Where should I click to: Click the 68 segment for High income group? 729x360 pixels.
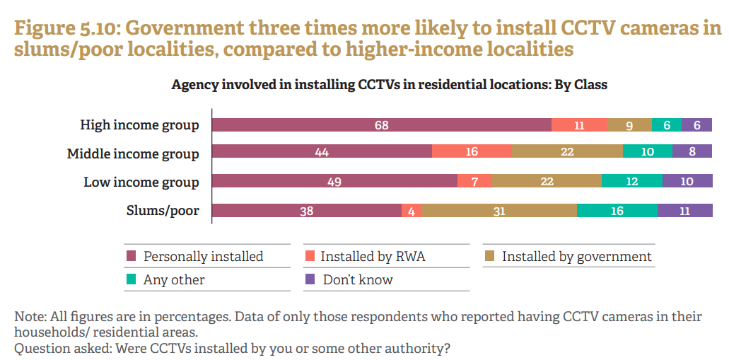(x=382, y=125)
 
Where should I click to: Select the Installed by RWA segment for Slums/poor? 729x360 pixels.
(x=412, y=210)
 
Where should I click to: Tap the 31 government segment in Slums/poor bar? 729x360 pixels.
(x=499, y=210)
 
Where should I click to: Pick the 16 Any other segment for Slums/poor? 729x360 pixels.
(x=617, y=210)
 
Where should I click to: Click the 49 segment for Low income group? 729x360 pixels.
(x=334, y=182)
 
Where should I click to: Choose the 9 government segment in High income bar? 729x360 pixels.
(x=629, y=125)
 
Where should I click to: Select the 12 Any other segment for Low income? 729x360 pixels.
(x=632, y=182)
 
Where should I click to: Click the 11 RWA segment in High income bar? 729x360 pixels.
(x=579, y=125)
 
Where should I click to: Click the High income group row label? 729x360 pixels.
(x=139, y=125)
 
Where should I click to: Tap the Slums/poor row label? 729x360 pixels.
(x=162, y=210)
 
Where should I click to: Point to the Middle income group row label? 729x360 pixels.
(x=133, y=153)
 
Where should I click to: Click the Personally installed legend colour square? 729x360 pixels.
(x=131, y=256)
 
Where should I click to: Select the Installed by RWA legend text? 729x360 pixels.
(x=373, y=256)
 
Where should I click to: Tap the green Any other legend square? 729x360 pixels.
(x=131, y=279)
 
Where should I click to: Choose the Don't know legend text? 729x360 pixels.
(x=358, y=279)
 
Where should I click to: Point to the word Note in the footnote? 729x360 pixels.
(x=28, y=316)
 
